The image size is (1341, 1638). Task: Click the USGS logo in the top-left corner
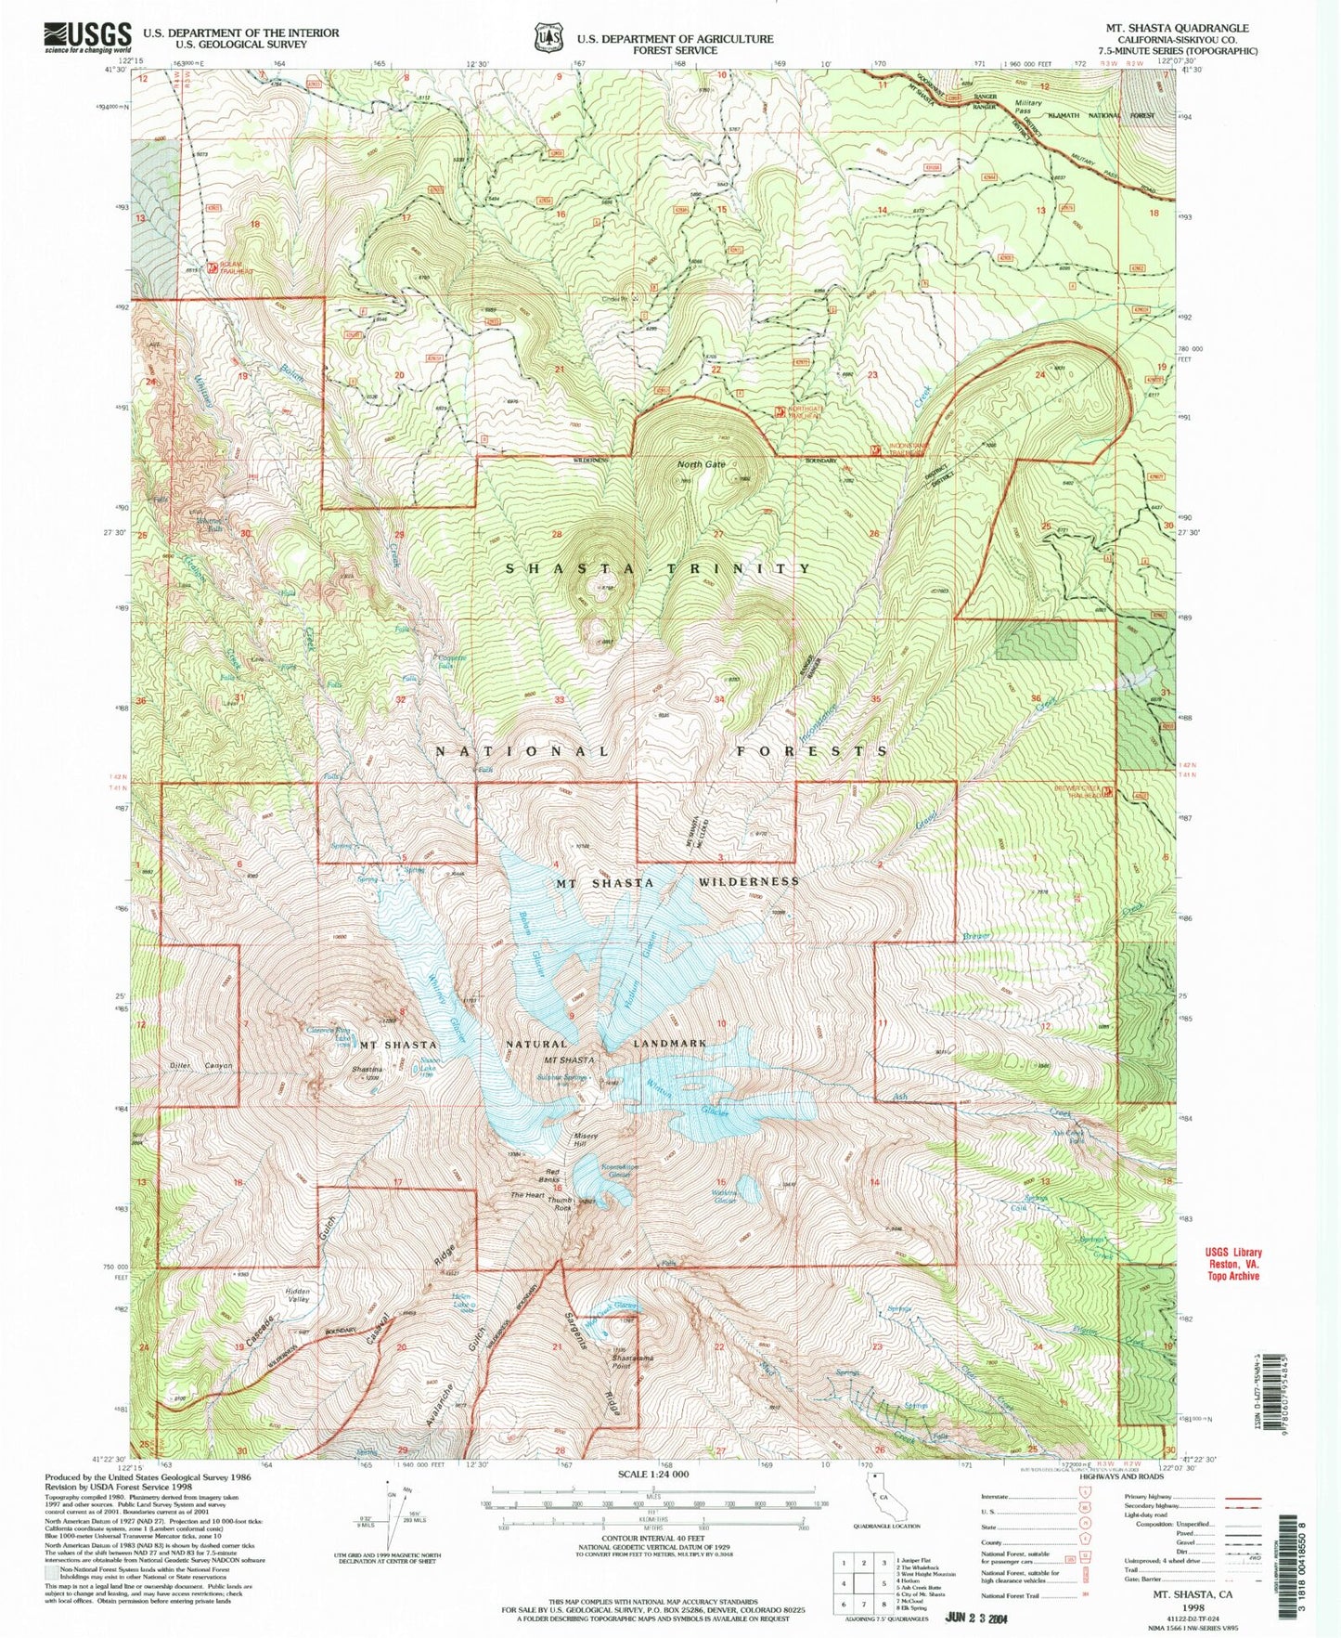tap(87, 36)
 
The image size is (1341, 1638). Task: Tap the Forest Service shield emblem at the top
tap(548, 38)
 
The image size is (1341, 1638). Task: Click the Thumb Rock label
tap(560, 1204)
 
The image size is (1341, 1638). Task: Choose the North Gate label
tap(701, 464)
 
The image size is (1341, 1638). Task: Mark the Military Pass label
tap(1028, 107)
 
